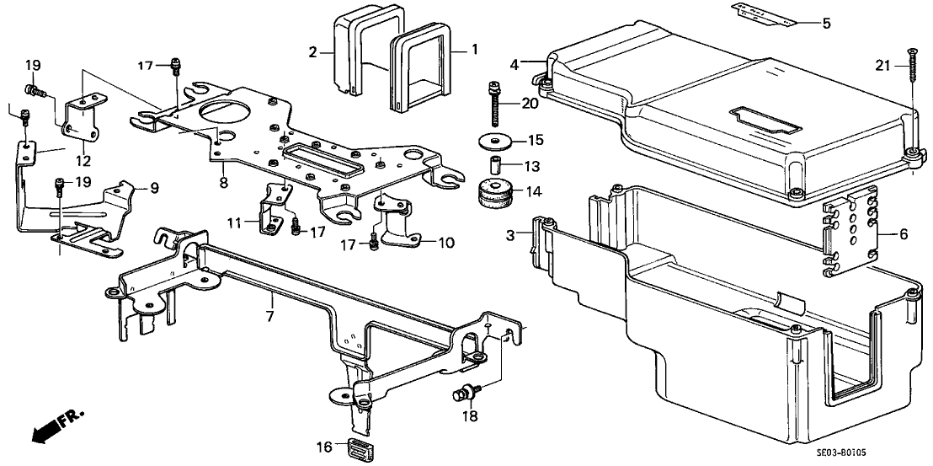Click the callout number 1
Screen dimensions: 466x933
[x=474, y=50]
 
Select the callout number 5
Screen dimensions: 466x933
[x=825, y=24]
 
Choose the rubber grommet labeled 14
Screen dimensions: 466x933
[x=495, y=193]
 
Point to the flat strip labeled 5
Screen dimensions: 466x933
[x=764, y=14]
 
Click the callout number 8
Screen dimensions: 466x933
[x=222, y=180]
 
